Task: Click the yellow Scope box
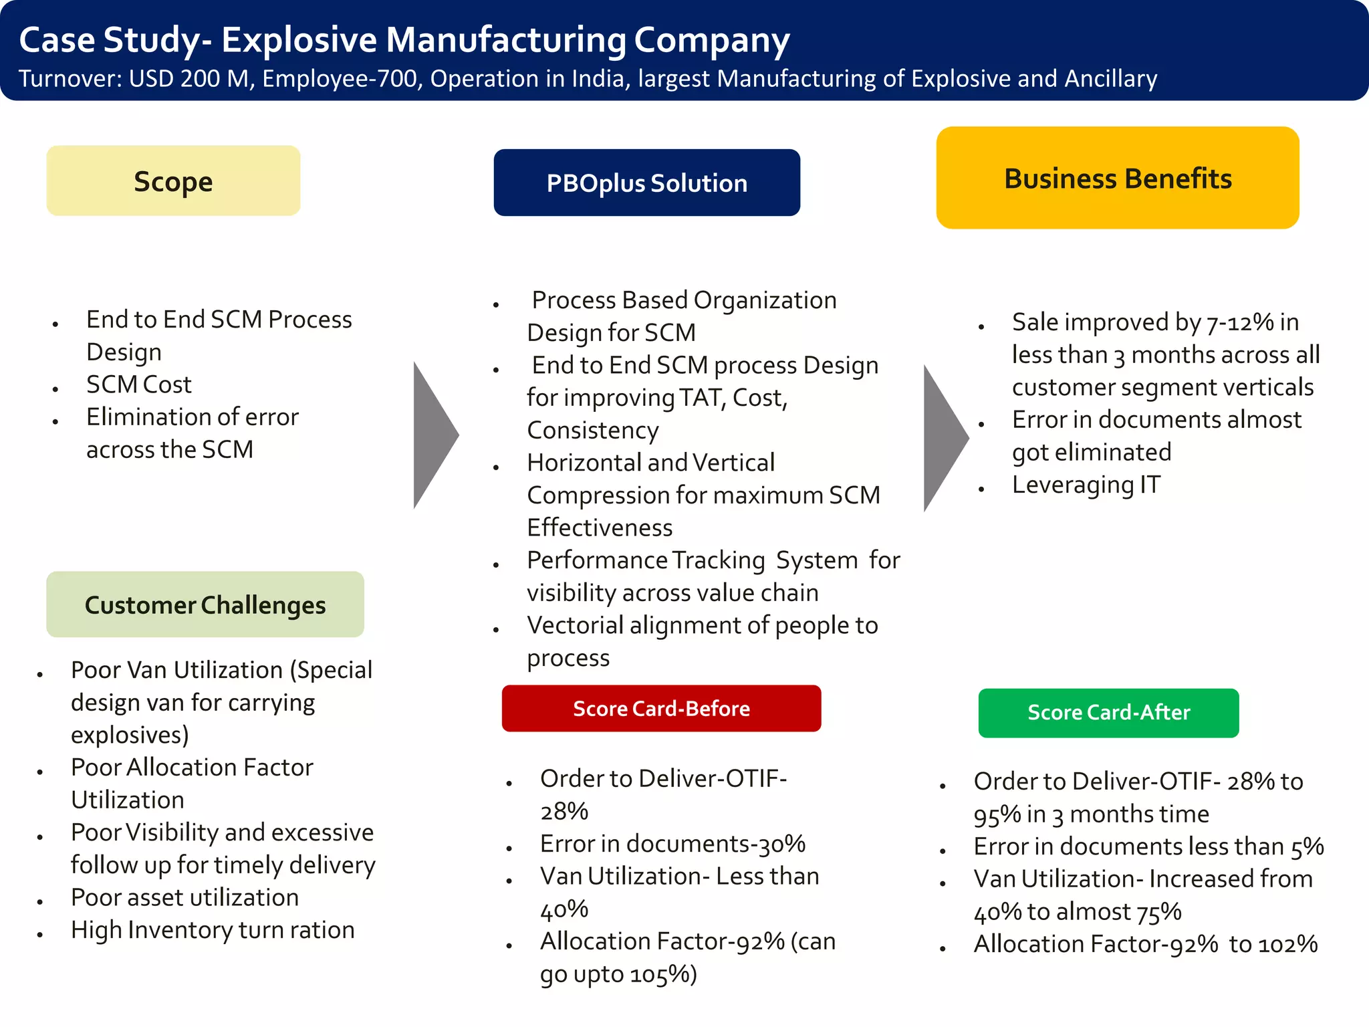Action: (x=173, y=181)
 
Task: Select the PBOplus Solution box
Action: (x=646, y=183)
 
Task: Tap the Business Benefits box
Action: (x=1118, y=179)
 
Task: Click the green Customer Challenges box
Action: (x=205, y=604)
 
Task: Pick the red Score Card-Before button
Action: (x=661, y=708)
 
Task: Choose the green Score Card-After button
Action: (x=1108, y=713)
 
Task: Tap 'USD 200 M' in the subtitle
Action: (x=189, y=79)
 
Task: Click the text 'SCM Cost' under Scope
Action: (x=138, y=384)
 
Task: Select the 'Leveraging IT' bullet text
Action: (x=1086, y=485)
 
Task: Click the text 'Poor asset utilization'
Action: (x=184, y=897)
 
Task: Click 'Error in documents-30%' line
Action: (x=672, y=844)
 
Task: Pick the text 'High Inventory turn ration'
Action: (x=213, y=930)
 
